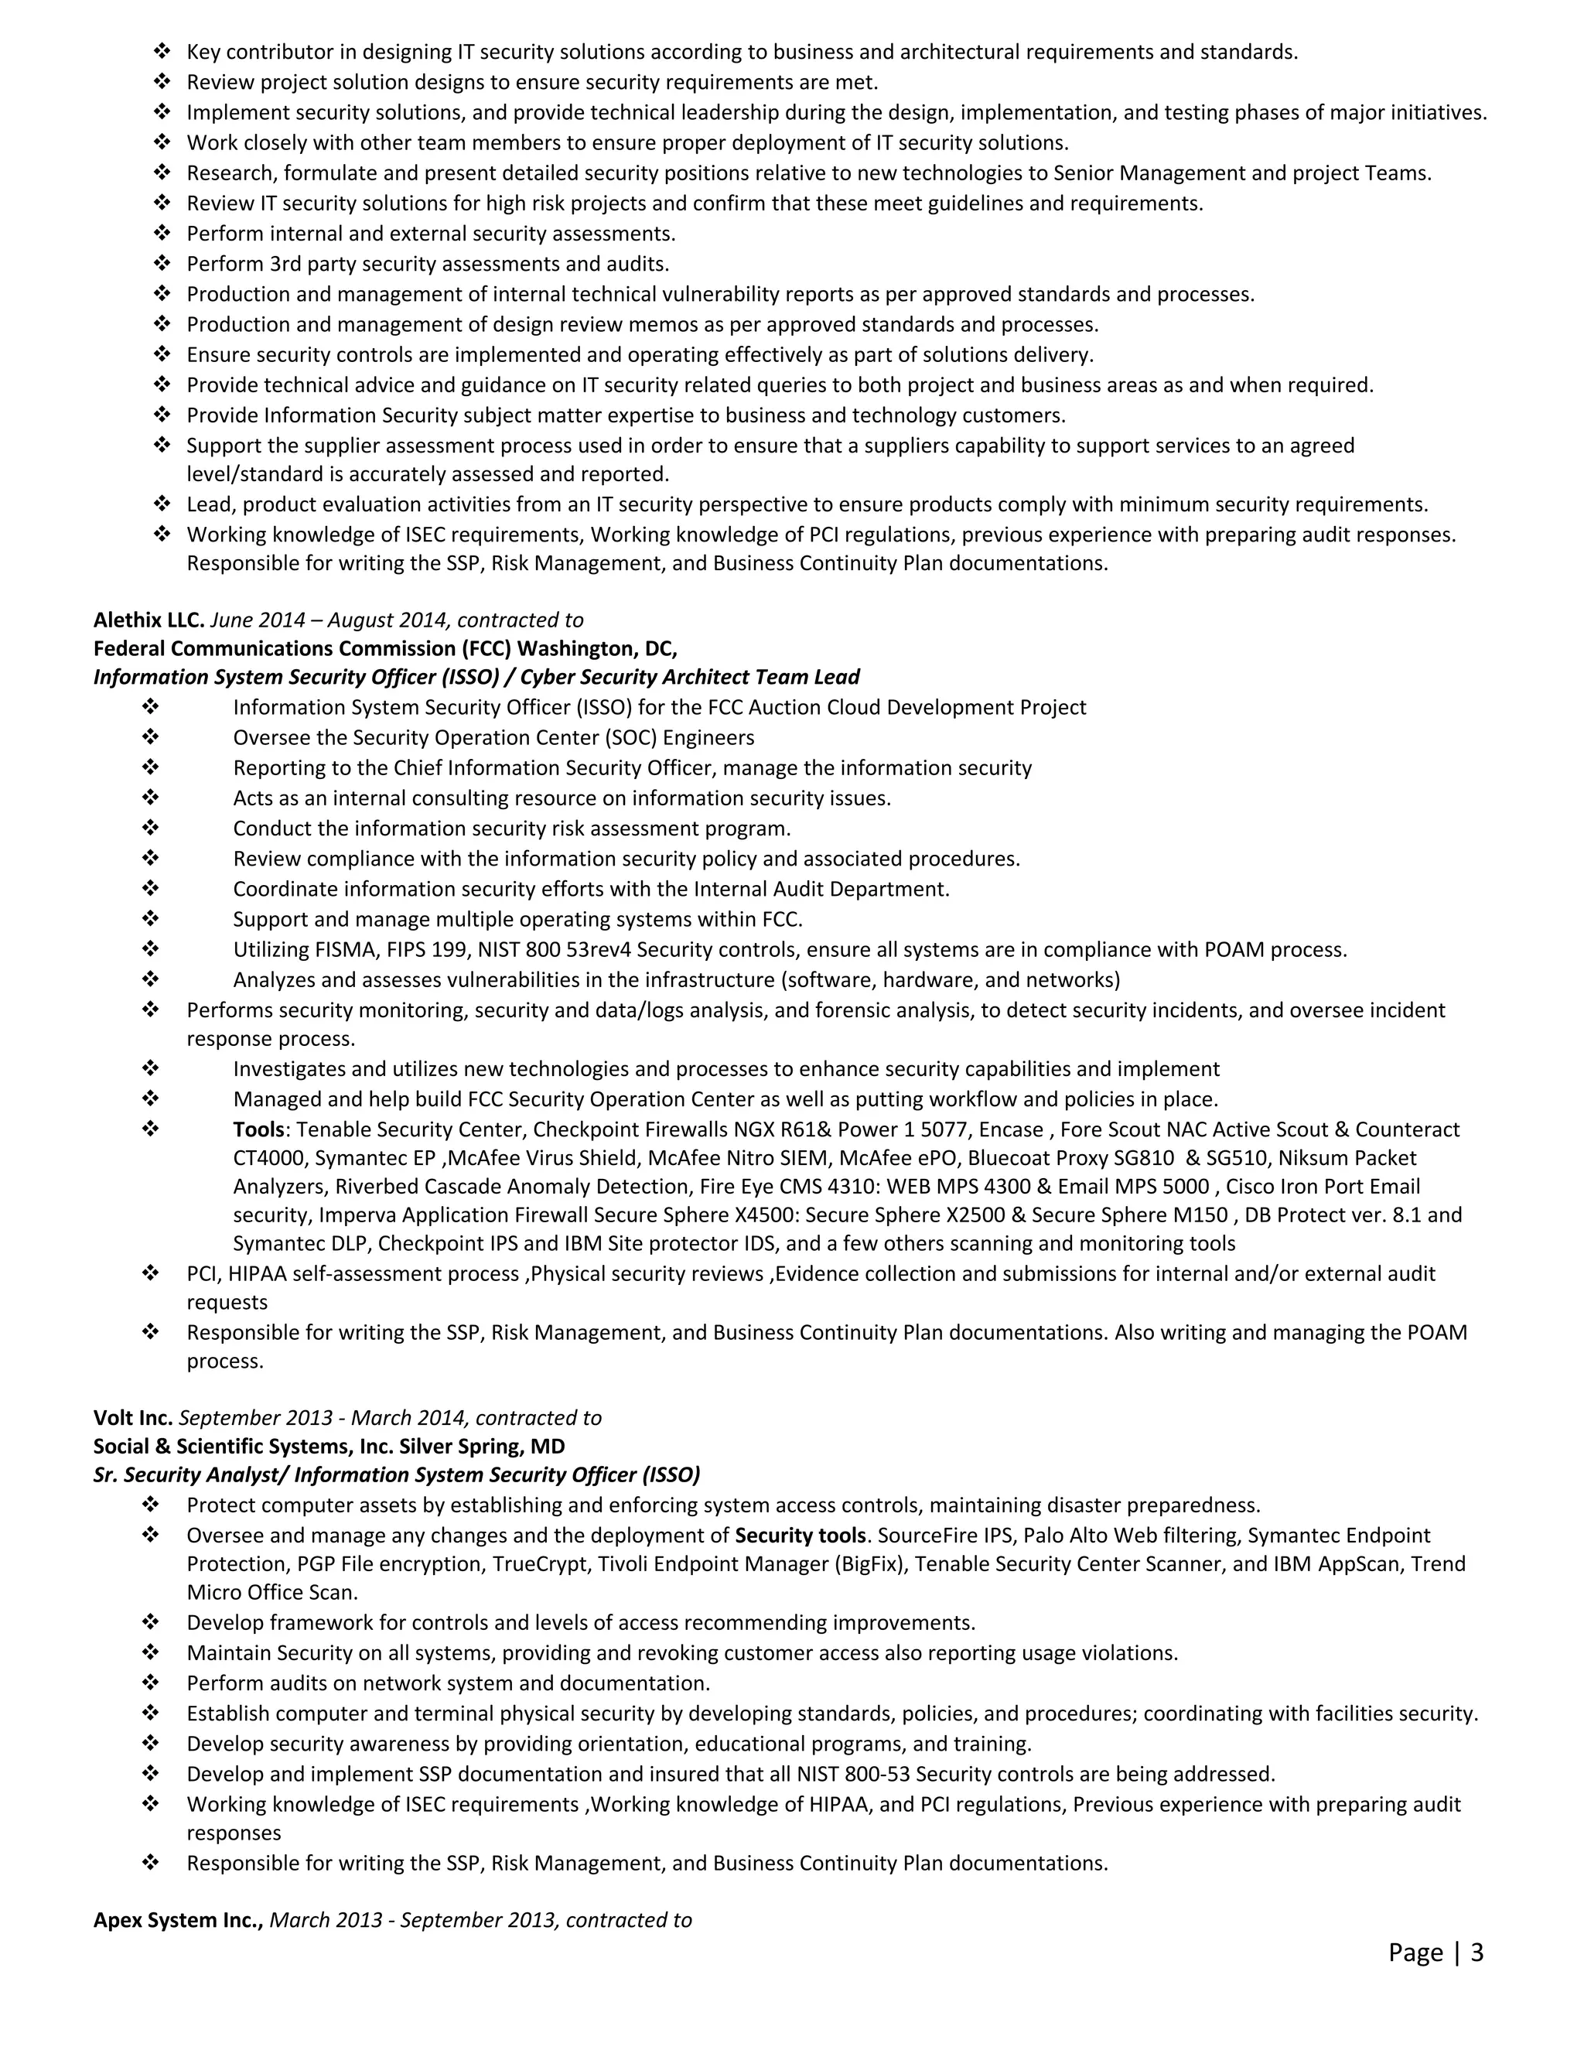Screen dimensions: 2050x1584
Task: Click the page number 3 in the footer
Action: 1477,1953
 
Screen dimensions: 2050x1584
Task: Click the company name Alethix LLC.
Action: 148,620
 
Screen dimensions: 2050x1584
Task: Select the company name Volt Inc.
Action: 132,1417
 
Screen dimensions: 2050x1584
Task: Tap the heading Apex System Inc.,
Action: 177,1919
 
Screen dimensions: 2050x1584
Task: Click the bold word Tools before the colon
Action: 258,1129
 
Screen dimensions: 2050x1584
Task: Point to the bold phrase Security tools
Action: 800,1536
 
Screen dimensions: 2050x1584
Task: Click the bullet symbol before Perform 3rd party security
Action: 162,263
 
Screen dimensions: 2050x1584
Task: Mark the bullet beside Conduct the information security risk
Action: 150,828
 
